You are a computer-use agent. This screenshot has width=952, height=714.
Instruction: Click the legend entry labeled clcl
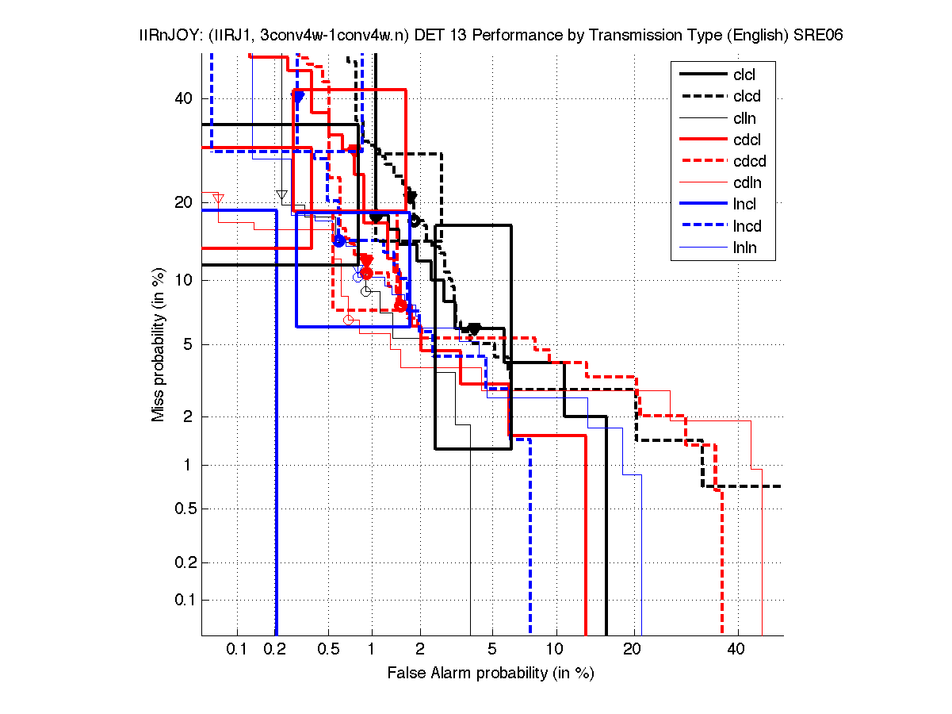(x=744, y=75)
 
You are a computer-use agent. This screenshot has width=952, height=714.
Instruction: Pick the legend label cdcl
(x=747, y=140)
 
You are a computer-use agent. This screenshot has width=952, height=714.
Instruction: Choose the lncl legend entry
(x=744, y=205)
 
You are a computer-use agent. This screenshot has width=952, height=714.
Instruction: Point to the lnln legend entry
(x=745, y=248)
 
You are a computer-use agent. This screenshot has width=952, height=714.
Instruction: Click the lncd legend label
(x=747, y=226)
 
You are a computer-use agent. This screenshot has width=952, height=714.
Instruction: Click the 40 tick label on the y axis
(x=184, y=98)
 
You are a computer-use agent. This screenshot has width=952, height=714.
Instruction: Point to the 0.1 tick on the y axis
(x=181, y=600)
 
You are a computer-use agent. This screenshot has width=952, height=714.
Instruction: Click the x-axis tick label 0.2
(x=274, y=650)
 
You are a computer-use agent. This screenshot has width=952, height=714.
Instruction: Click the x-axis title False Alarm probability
(x=490, y=674)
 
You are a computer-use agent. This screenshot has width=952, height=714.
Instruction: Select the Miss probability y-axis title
(x=159, y=345)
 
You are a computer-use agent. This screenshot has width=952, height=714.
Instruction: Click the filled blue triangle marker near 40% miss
(x=298, y=97)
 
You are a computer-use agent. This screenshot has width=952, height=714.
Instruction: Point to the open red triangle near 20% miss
(x=219, y=198)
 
